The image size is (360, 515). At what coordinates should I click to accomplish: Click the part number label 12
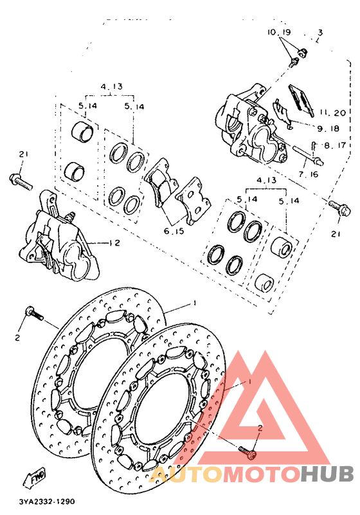pyautogui.click(x=115, y=243)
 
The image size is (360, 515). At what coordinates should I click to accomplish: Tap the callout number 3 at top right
pyautogui.click(x=320, y=32)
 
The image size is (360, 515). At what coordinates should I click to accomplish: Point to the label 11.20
pyautogui.click(x=330, y=113)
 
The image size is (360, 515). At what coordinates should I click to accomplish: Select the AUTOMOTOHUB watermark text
pyautogui.click(x=251, y=474)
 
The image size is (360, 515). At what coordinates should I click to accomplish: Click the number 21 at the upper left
pyautogui.click(x=24, y=154)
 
